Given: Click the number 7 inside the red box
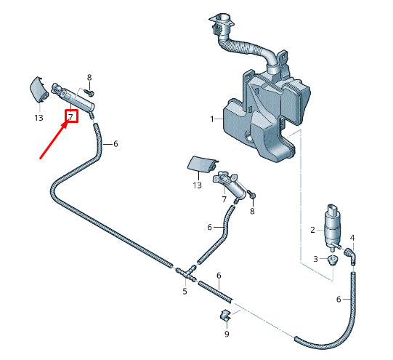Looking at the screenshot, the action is click(70, 116).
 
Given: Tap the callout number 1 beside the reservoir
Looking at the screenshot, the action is click(212, 119).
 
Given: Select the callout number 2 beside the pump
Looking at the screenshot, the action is click(312, 230).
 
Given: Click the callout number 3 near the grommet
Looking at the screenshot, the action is click(315, 259).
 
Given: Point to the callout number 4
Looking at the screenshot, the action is click(352, 238).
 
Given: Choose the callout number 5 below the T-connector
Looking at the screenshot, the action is click(185, 291).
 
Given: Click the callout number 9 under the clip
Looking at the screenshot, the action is click(227, 334).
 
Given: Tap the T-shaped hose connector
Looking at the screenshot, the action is click(186, 273).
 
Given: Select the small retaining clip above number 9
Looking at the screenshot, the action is click(224, 315).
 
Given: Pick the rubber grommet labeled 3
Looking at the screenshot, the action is click(333, 260).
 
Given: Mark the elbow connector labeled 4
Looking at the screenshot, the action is click(350, 256).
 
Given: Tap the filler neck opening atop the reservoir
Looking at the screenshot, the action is click(222, 20).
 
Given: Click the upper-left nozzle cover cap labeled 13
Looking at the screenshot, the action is click(39, 89).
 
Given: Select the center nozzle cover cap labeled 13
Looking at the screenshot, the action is click(202, 164).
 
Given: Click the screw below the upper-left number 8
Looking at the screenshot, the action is click(89, 92).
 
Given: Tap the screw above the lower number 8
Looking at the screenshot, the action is click(251, 194).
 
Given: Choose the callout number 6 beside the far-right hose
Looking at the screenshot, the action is click(339, 299).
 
